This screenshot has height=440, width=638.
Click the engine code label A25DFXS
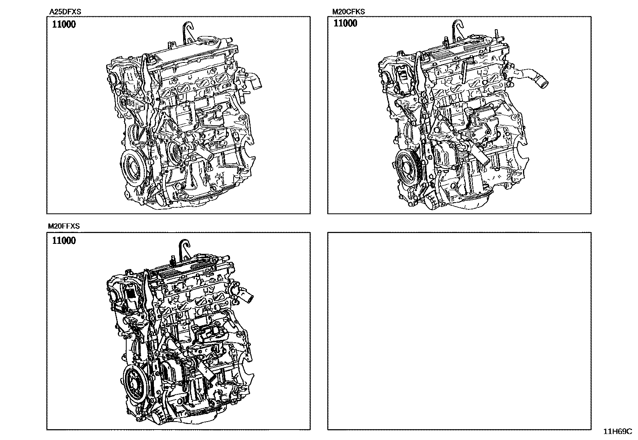65,12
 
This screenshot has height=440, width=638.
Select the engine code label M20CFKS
348,12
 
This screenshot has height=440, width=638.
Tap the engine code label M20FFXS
64,226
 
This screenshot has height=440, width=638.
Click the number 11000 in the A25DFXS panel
64,24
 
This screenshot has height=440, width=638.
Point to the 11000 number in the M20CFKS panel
345,23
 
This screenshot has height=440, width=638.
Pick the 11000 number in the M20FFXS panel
64,241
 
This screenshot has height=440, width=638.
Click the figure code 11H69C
618,432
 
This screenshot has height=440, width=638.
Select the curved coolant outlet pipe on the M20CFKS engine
530,77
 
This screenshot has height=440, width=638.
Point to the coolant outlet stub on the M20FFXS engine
245,296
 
